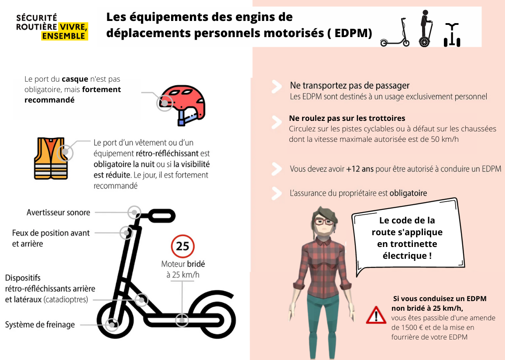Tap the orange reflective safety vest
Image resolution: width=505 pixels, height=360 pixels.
(51, 158)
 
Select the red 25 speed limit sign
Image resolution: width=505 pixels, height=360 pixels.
(182, 247)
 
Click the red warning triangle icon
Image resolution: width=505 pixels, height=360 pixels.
(376, 315)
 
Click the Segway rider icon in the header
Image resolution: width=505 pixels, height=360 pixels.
(426, 28)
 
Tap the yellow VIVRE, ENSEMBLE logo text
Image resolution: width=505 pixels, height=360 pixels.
(65, 31)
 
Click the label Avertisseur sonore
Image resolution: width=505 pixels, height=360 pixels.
(58, 213)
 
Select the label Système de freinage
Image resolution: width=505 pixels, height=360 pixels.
(40, 325)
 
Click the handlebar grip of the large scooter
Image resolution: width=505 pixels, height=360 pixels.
(161, 216)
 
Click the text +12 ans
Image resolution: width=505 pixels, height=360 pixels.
(360, 169)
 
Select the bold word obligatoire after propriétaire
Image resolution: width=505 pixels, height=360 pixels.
(409, 193)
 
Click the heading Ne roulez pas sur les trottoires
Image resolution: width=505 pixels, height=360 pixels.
(347, 118)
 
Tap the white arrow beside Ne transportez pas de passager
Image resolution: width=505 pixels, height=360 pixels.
(277, 87)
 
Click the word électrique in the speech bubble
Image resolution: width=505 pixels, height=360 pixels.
(405, 256)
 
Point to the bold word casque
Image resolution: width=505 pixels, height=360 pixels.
(75, 79)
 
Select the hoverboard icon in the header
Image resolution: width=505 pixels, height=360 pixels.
(452, 35)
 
